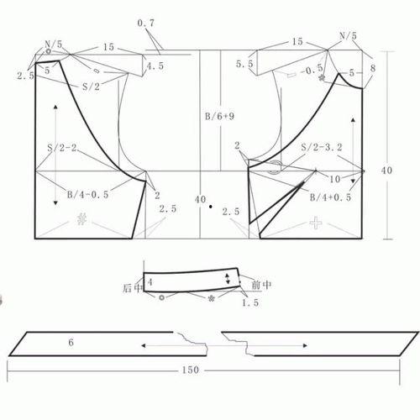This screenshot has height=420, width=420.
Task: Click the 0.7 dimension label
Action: tap(146, 24)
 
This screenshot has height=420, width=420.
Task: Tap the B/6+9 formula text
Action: tap(220, 116)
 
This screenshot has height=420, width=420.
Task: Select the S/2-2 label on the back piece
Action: tap(62, 148)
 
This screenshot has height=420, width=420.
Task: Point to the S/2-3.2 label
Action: tap(322, 147)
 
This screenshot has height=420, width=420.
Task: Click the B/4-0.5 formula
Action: tap(87, 195)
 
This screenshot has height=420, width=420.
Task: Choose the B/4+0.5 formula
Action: tap(330, 197)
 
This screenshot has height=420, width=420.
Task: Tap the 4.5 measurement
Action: tap(155, 66)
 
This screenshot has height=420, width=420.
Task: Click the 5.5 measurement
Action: tap(244, 64)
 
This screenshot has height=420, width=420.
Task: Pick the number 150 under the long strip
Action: tap(191, 370)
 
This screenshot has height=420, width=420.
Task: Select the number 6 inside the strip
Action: tap(71, 342)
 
